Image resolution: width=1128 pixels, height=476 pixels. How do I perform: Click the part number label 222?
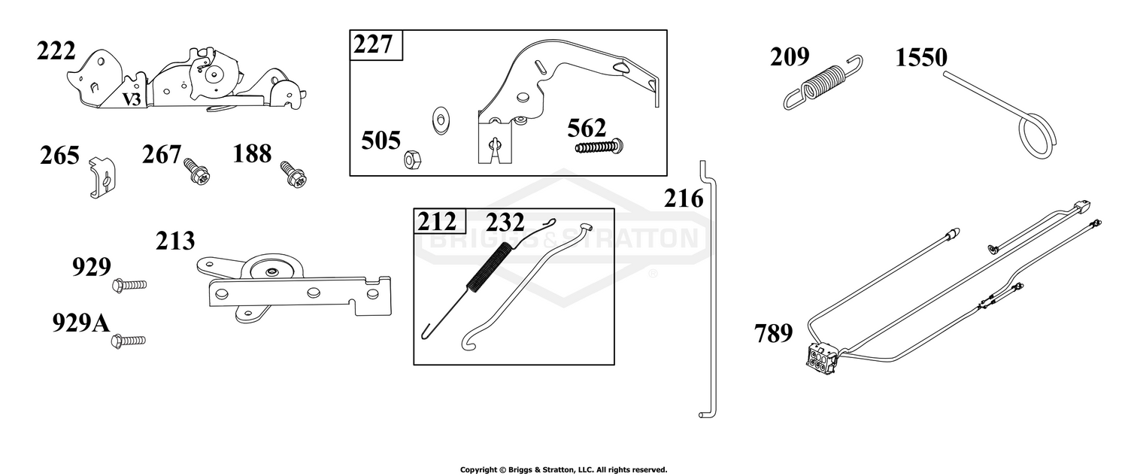(56, 51)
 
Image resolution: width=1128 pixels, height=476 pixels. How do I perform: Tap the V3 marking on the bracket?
(132, 100)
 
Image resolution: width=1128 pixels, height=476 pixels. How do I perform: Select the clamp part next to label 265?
(103, 177)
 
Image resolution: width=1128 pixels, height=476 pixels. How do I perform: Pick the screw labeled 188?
(294, 174)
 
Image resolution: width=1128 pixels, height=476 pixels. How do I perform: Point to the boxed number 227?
(373, 44)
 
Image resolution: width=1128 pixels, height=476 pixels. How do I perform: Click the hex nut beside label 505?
(412, 159)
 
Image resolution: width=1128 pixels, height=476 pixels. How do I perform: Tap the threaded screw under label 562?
(600, 147)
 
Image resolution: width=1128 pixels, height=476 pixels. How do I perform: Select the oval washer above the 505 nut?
(441, 120)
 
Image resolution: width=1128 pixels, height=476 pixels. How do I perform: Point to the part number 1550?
(921, 57)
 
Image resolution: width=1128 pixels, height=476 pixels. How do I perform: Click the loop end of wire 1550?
(1036, 138)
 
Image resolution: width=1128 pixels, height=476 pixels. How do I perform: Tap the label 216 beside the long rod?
(684, 199)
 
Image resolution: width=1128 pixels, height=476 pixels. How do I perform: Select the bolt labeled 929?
(129, 285)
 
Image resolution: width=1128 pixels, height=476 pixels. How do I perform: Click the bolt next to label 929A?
(129, 341)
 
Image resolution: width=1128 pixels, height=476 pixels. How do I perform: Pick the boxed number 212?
(437, 222)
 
